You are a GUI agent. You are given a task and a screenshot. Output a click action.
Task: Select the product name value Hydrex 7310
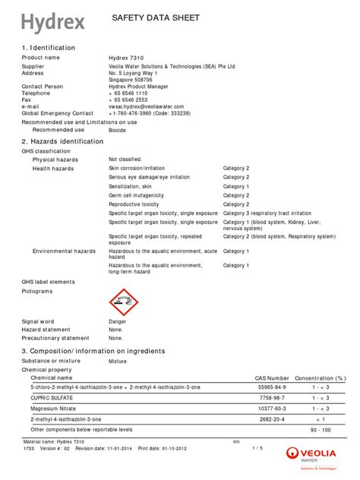(127, 58)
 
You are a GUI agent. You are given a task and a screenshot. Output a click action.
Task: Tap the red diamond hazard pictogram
(124, 302)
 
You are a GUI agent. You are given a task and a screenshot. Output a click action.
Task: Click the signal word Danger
(118, 321)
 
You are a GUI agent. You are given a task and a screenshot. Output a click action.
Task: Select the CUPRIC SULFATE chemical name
(52, 397)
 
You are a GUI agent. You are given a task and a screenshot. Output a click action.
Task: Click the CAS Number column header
(271, 377)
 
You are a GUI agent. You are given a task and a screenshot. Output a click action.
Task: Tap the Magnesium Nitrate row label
(53, 408)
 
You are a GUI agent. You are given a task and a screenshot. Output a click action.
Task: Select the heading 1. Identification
(49, 48)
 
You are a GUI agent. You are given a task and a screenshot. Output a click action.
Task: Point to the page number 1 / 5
(257, 448)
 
